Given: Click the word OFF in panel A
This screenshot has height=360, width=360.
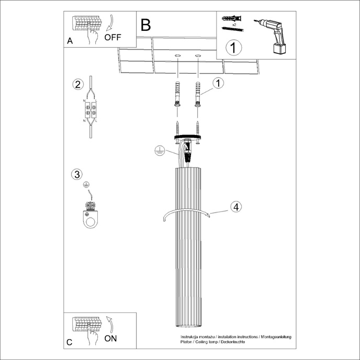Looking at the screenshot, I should coord(113,37).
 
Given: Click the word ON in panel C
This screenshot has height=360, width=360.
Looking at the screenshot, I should coord(110,339).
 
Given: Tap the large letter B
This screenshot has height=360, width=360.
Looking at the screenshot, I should coord(145,24).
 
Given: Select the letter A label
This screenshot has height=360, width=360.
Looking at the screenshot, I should coord(70,41).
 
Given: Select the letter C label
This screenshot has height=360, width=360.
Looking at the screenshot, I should coord(70,343).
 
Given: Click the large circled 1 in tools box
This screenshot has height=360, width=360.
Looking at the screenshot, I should coord(234,48).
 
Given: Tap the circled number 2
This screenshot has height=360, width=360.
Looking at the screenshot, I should coord(77,85).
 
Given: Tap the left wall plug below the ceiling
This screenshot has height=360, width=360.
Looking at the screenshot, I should coord(177,94).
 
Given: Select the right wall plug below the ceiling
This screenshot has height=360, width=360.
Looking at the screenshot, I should coord(198,94).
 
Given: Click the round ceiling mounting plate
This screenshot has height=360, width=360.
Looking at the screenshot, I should coord(188,137).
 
